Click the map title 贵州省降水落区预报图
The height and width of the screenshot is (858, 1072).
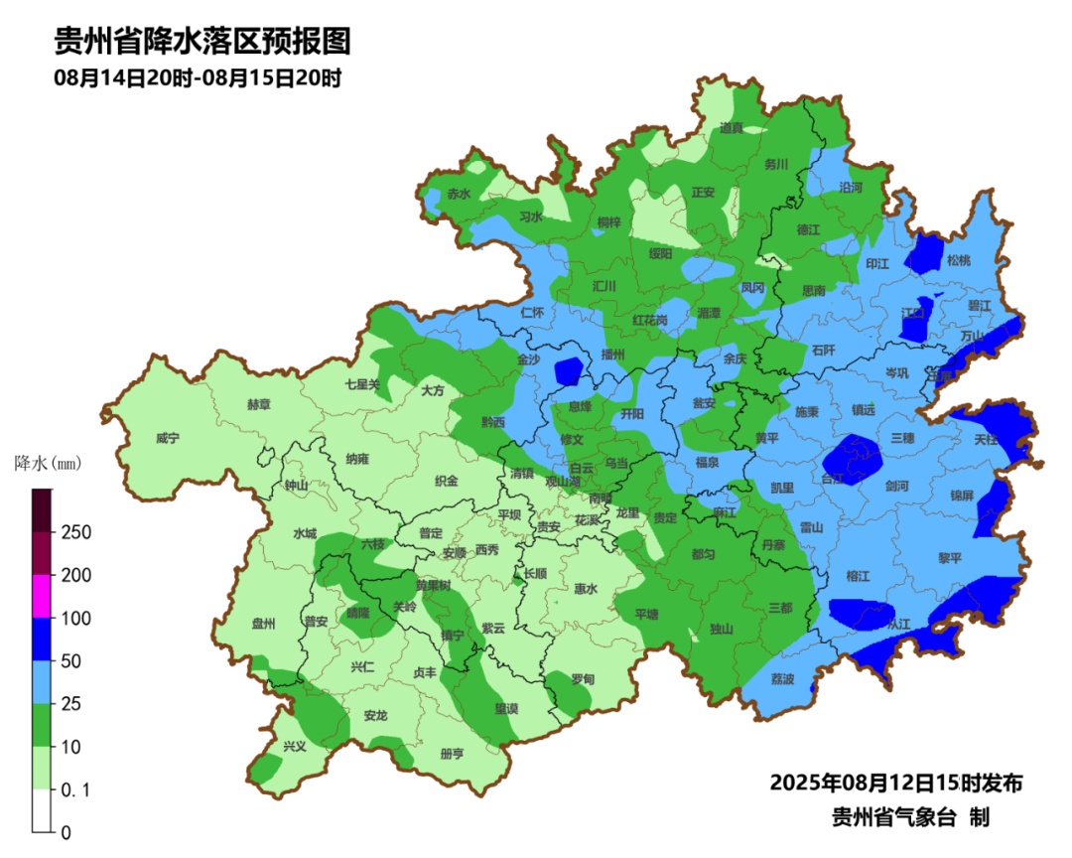202,41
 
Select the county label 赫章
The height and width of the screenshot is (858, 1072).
258,404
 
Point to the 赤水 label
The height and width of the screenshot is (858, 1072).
459,194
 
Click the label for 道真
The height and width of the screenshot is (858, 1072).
731,128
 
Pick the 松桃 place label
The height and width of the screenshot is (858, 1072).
958,260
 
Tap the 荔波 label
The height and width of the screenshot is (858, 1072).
783,679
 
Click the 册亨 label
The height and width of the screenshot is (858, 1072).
452,754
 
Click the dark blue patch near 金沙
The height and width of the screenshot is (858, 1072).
568,370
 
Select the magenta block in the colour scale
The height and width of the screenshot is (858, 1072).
41,596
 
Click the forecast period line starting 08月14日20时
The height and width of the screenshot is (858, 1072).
198,77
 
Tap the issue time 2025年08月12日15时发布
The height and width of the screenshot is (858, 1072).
895,783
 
